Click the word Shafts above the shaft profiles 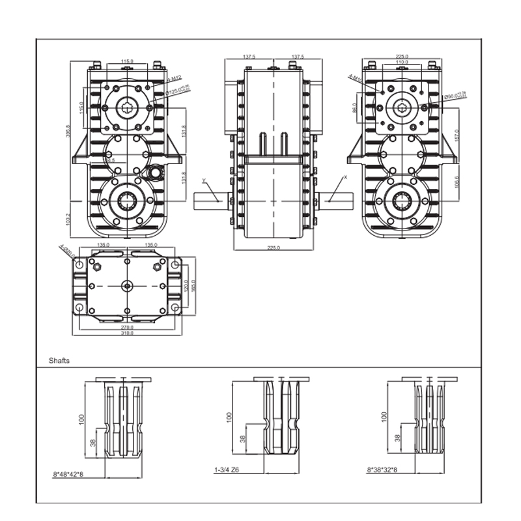59,360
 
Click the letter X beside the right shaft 345,177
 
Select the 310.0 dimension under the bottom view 127,333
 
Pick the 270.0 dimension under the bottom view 127,327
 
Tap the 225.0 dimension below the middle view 274,248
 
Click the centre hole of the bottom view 127,285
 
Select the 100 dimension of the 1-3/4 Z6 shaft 229,416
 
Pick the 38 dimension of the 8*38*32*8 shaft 397,438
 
